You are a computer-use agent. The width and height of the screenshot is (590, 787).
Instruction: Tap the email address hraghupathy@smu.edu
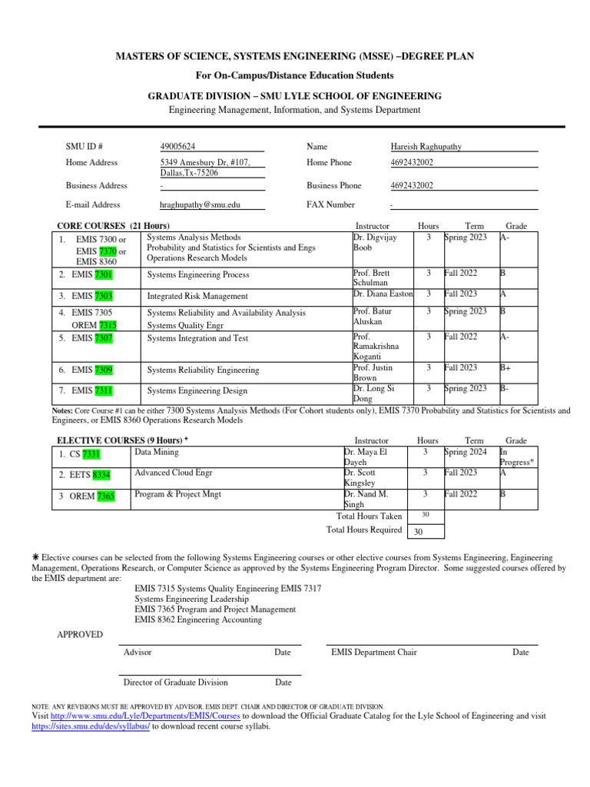(x=200, y=205)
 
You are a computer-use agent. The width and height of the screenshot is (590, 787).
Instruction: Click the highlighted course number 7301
(x=104, y=274)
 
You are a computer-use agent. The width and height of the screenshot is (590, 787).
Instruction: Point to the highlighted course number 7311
(x=104, y=391)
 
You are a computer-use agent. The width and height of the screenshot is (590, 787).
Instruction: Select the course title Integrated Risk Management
(x=197, y=296)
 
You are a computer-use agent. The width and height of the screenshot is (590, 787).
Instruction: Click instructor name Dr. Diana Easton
(x=383, y=294)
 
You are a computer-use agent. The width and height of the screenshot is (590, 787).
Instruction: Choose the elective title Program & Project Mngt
(x=177, y=494)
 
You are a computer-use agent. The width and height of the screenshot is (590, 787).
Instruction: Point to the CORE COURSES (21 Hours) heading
(x=114, y=226)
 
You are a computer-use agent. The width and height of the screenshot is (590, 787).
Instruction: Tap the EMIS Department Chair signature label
(x=374, y=653)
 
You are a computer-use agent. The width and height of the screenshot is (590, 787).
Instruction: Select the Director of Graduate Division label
(x=175, y=682)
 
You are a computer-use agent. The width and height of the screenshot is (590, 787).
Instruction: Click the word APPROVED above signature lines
(x=80, y=634)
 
